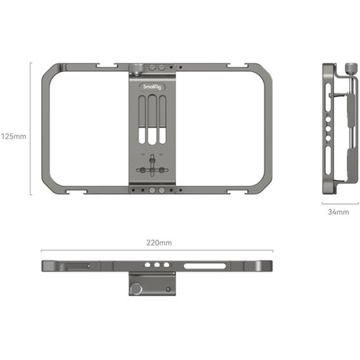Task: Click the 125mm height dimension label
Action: click(13, 136)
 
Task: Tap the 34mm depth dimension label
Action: click(338, 212)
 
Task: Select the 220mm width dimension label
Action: click(159, 243)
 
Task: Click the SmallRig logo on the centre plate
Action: click(152, 87)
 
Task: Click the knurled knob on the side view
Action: click(351, 69)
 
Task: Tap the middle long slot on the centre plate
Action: click(152, 120)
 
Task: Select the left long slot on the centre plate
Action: click(142, 120)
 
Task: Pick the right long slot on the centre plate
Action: click(162, 120)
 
